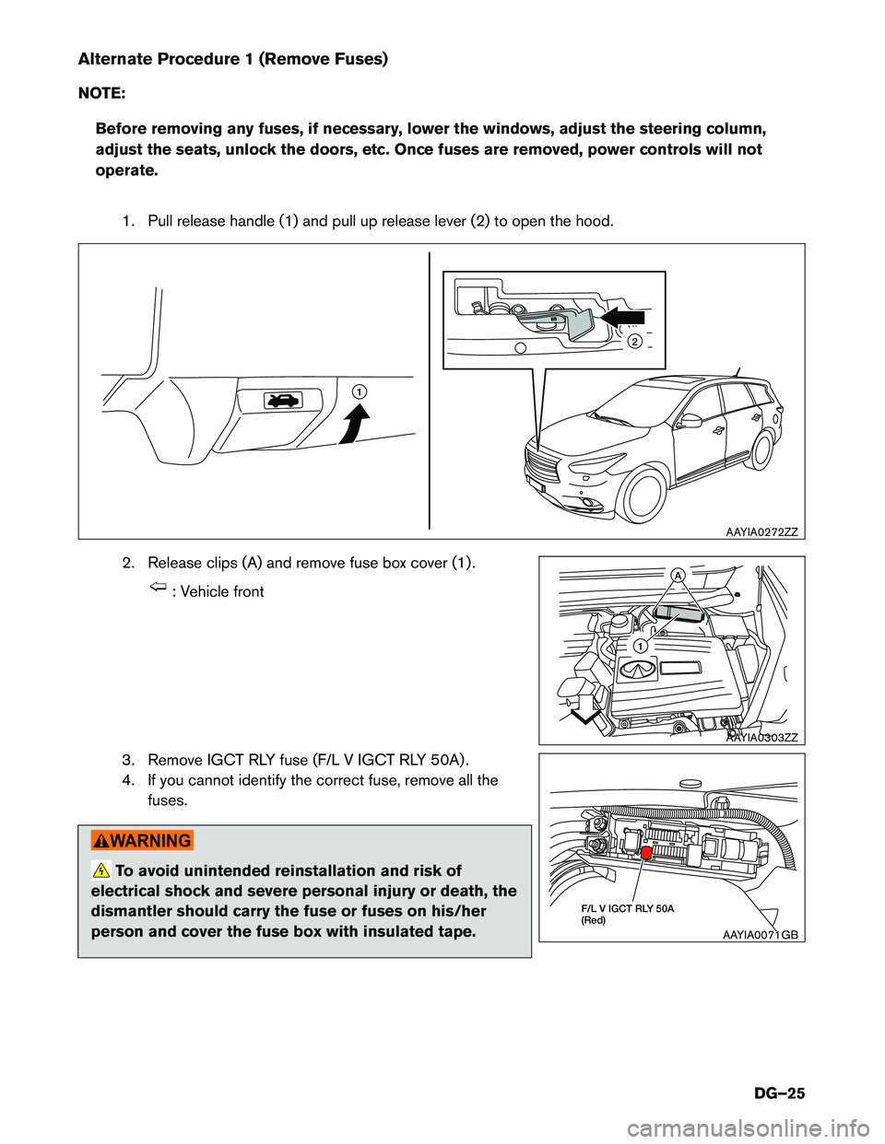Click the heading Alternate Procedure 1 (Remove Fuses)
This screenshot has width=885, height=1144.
pyautogui.click(x=232, y=59)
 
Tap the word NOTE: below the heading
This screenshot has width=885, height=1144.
pyautogui.click(x=101, y=93)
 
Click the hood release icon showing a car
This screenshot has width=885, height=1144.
pyautogui.click(x=283, y=400)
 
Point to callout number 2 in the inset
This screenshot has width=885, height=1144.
pyautogui.click(x=634, y=342)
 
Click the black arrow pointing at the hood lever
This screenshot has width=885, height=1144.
pyautogui.click(x=622, y=317)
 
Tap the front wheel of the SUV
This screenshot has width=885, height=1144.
pyautogui.click(x=644, y=495)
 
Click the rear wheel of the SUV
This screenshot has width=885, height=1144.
pyautogui.click(x=762, y=449)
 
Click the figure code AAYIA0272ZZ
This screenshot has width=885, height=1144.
pyautogui.click(x=761, y=531)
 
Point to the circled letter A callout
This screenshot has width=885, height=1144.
pyautogui.click(x=678, y=575)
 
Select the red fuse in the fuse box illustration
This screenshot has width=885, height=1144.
pyautogui.click(x=646, y=853)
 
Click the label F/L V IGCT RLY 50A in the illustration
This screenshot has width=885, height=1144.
pyautogui.click(x=627, y=908)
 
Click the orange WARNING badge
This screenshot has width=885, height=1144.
pyautogui.click(x=142, y=840)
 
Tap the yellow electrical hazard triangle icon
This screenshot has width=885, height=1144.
pyautogui.click(x=101, y=870)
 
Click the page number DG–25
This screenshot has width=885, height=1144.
pyautogui.click(x=779, y=1093)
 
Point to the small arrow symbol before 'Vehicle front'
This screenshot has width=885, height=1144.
pyautogui.click(x=158, y=588)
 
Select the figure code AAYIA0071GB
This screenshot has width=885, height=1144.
pyautogui.click(x=761, y=934)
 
